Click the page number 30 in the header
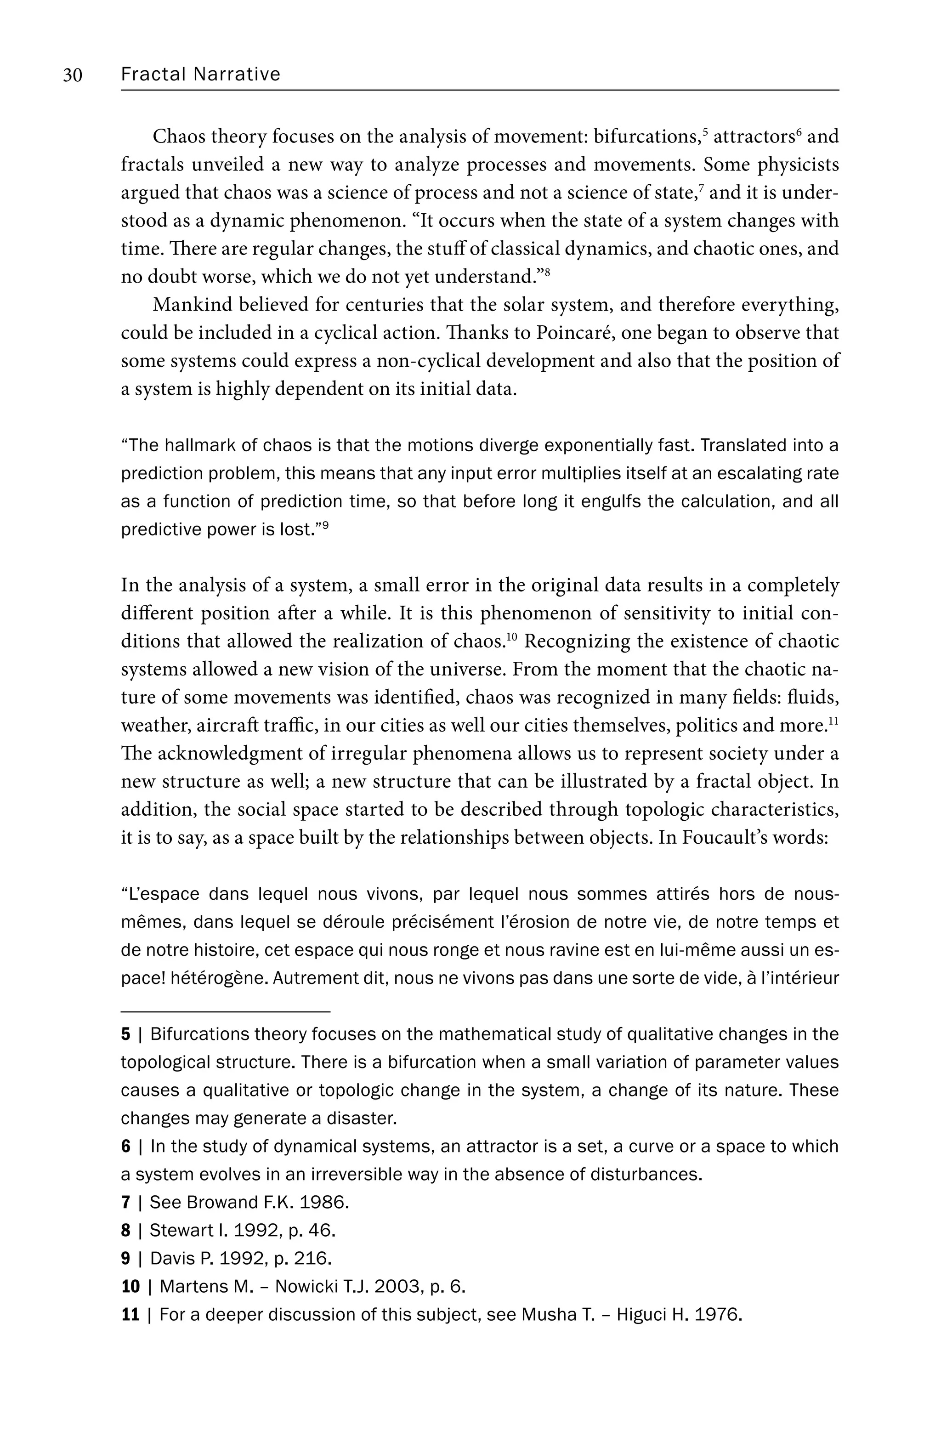73,75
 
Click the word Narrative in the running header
237,74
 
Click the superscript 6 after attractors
799,131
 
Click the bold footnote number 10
130,1287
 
